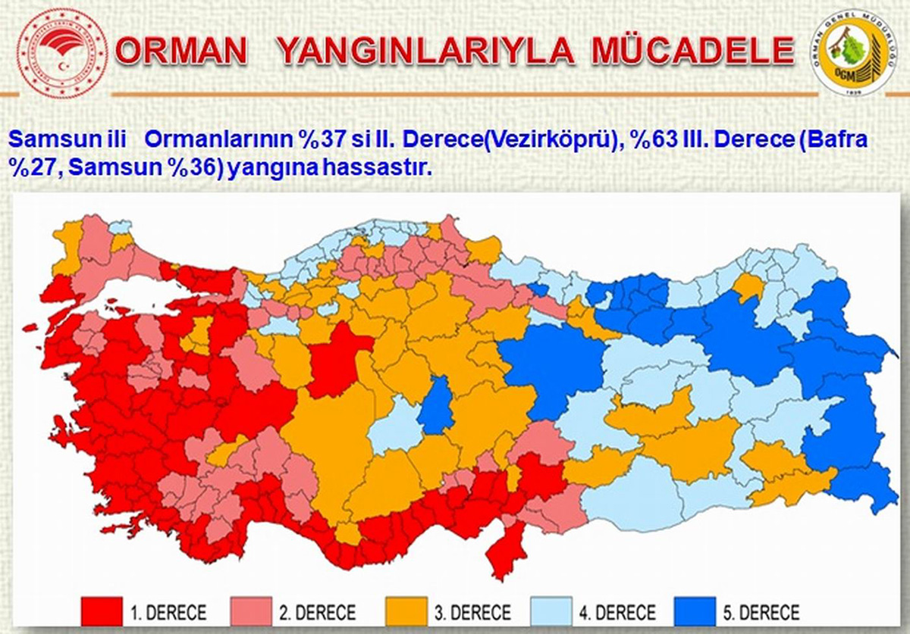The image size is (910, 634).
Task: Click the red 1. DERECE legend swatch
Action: pyautogui.click(x=102, y=611)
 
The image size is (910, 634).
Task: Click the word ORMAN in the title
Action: pyautogui.click(x=182, y=52)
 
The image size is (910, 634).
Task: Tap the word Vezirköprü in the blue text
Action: pyautogui.click(x=560, y=141)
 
